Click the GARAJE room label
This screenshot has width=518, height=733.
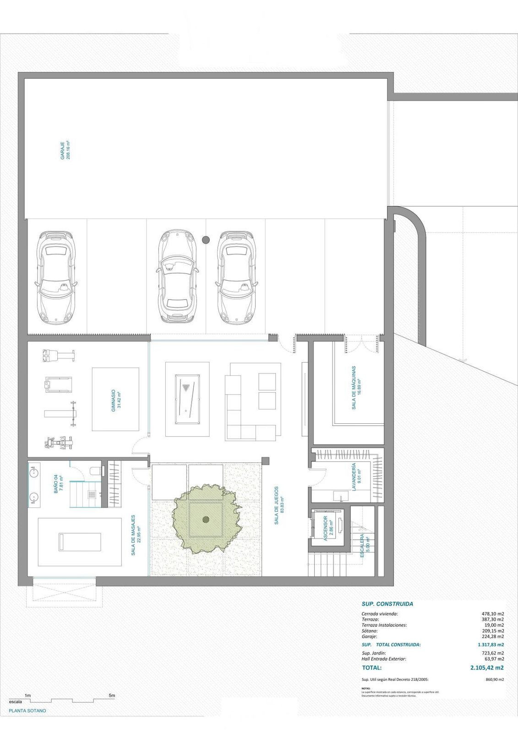pos(65,150)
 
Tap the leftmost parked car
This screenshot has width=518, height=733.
pos(56,277)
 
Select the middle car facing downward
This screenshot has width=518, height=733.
pos(178,277)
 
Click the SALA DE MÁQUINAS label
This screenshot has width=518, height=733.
pos(356,387)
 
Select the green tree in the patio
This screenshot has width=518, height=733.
pos(206,519)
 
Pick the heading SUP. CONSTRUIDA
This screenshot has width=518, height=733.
pos(387,604)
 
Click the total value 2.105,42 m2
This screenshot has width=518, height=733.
pos(486,667)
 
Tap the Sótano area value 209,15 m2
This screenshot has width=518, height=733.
pos(494,630)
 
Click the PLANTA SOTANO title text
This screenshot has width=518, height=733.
pos(27,711)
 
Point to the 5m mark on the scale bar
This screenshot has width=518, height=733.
pos(112,695)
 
